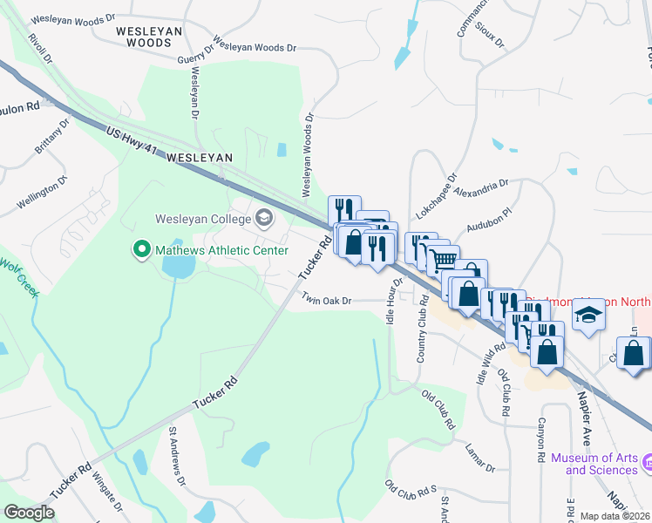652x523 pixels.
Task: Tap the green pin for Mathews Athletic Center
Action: [139, 250]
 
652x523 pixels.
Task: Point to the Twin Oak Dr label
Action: [326, 300]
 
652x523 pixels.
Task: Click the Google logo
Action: [29, 513]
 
